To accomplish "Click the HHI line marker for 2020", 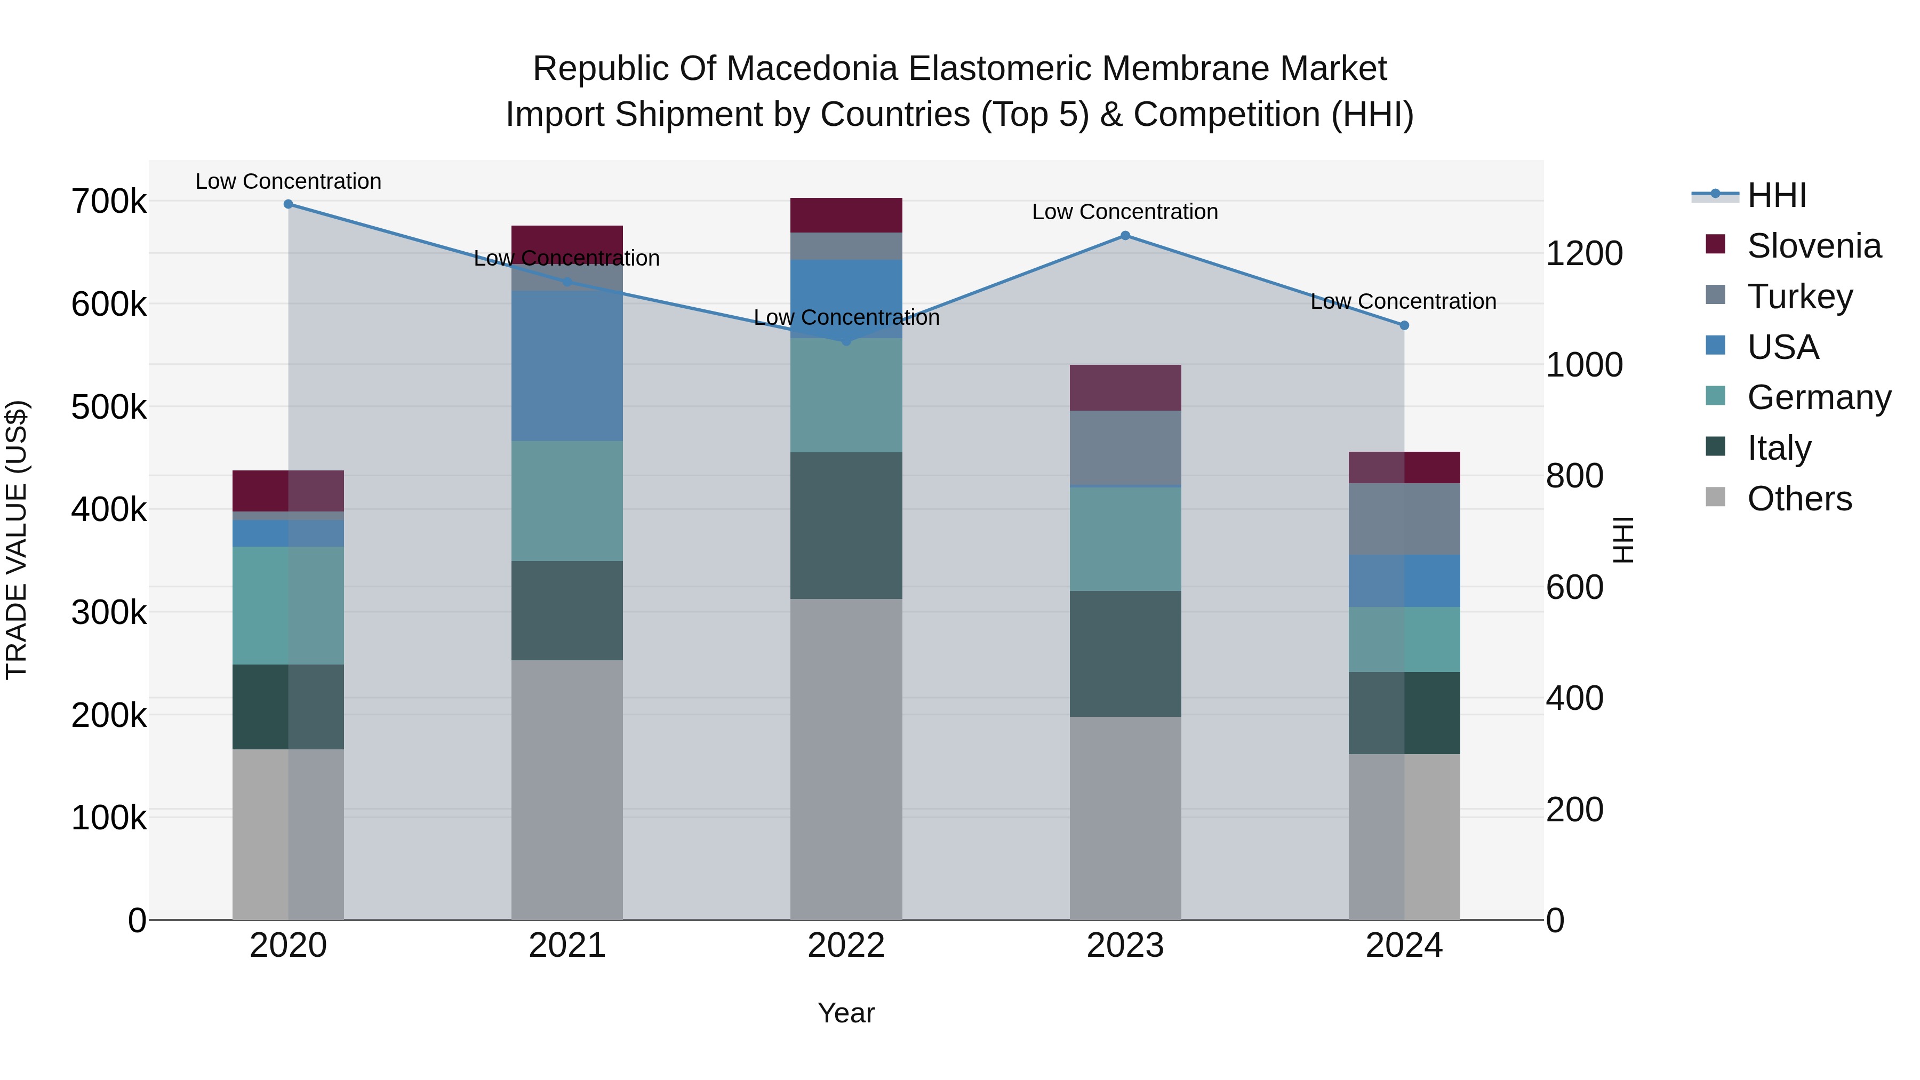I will pos(289,204).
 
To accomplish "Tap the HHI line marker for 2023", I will pos(1125,236).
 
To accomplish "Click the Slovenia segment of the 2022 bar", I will pos(846,215).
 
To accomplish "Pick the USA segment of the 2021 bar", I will pos(567,365).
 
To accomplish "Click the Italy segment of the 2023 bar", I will pos(1125,654).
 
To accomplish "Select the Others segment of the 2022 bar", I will pos(846,759).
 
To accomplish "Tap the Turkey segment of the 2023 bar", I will pos(1125,447).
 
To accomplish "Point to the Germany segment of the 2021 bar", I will pos(567,501).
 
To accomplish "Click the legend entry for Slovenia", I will pos(1813,246).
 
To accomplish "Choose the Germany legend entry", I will pos(1819,397).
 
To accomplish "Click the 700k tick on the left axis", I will pos(109,201).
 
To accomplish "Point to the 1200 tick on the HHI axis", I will pos(1584,253).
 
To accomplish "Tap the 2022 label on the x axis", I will pos(846,946).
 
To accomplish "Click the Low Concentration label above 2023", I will pos(1125,212).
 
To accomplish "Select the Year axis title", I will pos(846,1013).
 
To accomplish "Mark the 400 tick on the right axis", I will pos(1574,698).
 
